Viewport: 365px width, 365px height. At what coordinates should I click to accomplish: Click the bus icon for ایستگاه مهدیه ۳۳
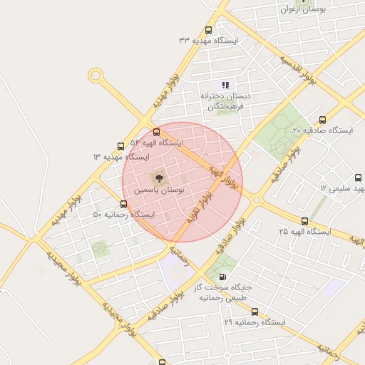click(208, 31)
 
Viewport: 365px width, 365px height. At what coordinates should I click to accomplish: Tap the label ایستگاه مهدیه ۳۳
click(208, 41)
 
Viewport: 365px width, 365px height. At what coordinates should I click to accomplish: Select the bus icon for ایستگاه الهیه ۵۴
click(156, 132)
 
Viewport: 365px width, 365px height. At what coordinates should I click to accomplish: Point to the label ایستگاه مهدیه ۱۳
click(120, 156)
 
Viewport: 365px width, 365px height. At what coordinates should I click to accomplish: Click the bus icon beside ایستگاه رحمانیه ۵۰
click(124, 204)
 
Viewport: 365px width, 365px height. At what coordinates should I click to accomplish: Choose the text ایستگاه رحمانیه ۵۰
click(123, 215)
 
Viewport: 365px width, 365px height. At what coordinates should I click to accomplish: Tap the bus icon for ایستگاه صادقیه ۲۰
click(322, 120)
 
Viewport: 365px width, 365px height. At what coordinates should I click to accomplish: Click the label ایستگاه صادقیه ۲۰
click(322, 130)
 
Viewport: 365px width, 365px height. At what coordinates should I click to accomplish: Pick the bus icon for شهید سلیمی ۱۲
click(359, 178)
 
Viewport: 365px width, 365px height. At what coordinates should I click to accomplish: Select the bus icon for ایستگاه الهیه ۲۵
click(305, 221)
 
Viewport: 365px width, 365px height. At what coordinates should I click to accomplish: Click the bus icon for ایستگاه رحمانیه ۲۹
click(255, 312)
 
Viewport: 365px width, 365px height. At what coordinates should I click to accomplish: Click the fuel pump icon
click(223, 277)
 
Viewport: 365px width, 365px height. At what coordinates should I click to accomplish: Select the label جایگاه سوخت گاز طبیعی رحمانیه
click(223, 292)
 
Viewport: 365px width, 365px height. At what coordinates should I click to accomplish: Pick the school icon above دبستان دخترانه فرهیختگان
click(226, 85)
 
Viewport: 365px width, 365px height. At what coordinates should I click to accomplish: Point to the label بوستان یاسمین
click(158, 191)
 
